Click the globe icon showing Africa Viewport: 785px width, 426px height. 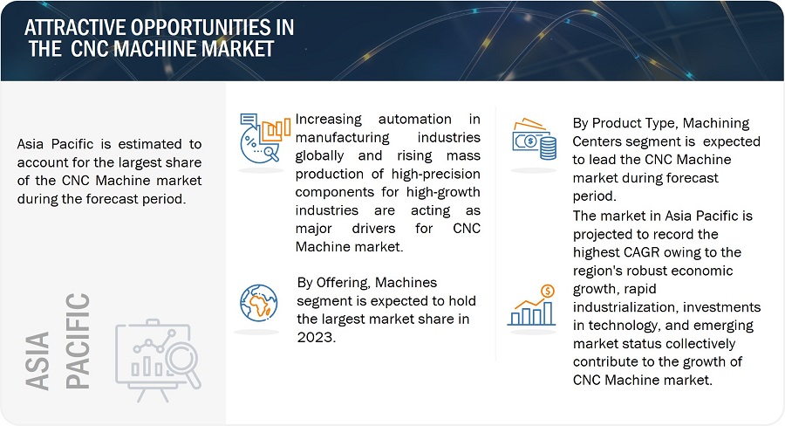click(x=258, y=302)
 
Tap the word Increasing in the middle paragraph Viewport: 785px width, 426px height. click(x=331, y=119)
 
